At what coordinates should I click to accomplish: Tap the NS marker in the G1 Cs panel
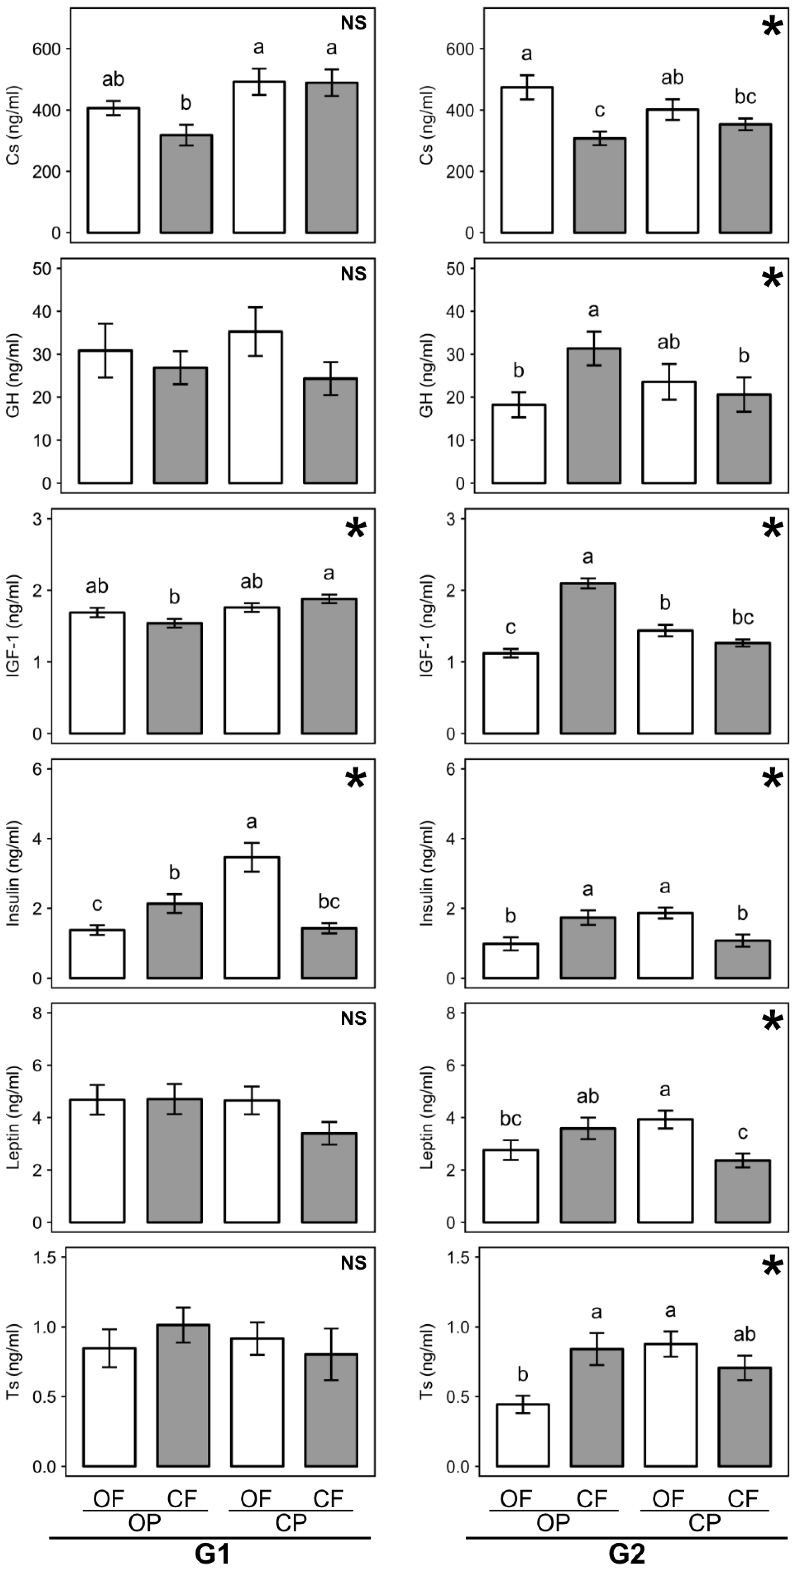[x=353, y=24]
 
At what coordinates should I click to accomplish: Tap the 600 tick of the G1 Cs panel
[x=47, y=49]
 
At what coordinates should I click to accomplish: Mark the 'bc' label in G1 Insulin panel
[x=329, y=901]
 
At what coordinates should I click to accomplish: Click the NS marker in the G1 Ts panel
[x=353, y=1263]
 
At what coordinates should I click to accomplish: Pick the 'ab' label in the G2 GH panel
[x=669, y=342]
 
